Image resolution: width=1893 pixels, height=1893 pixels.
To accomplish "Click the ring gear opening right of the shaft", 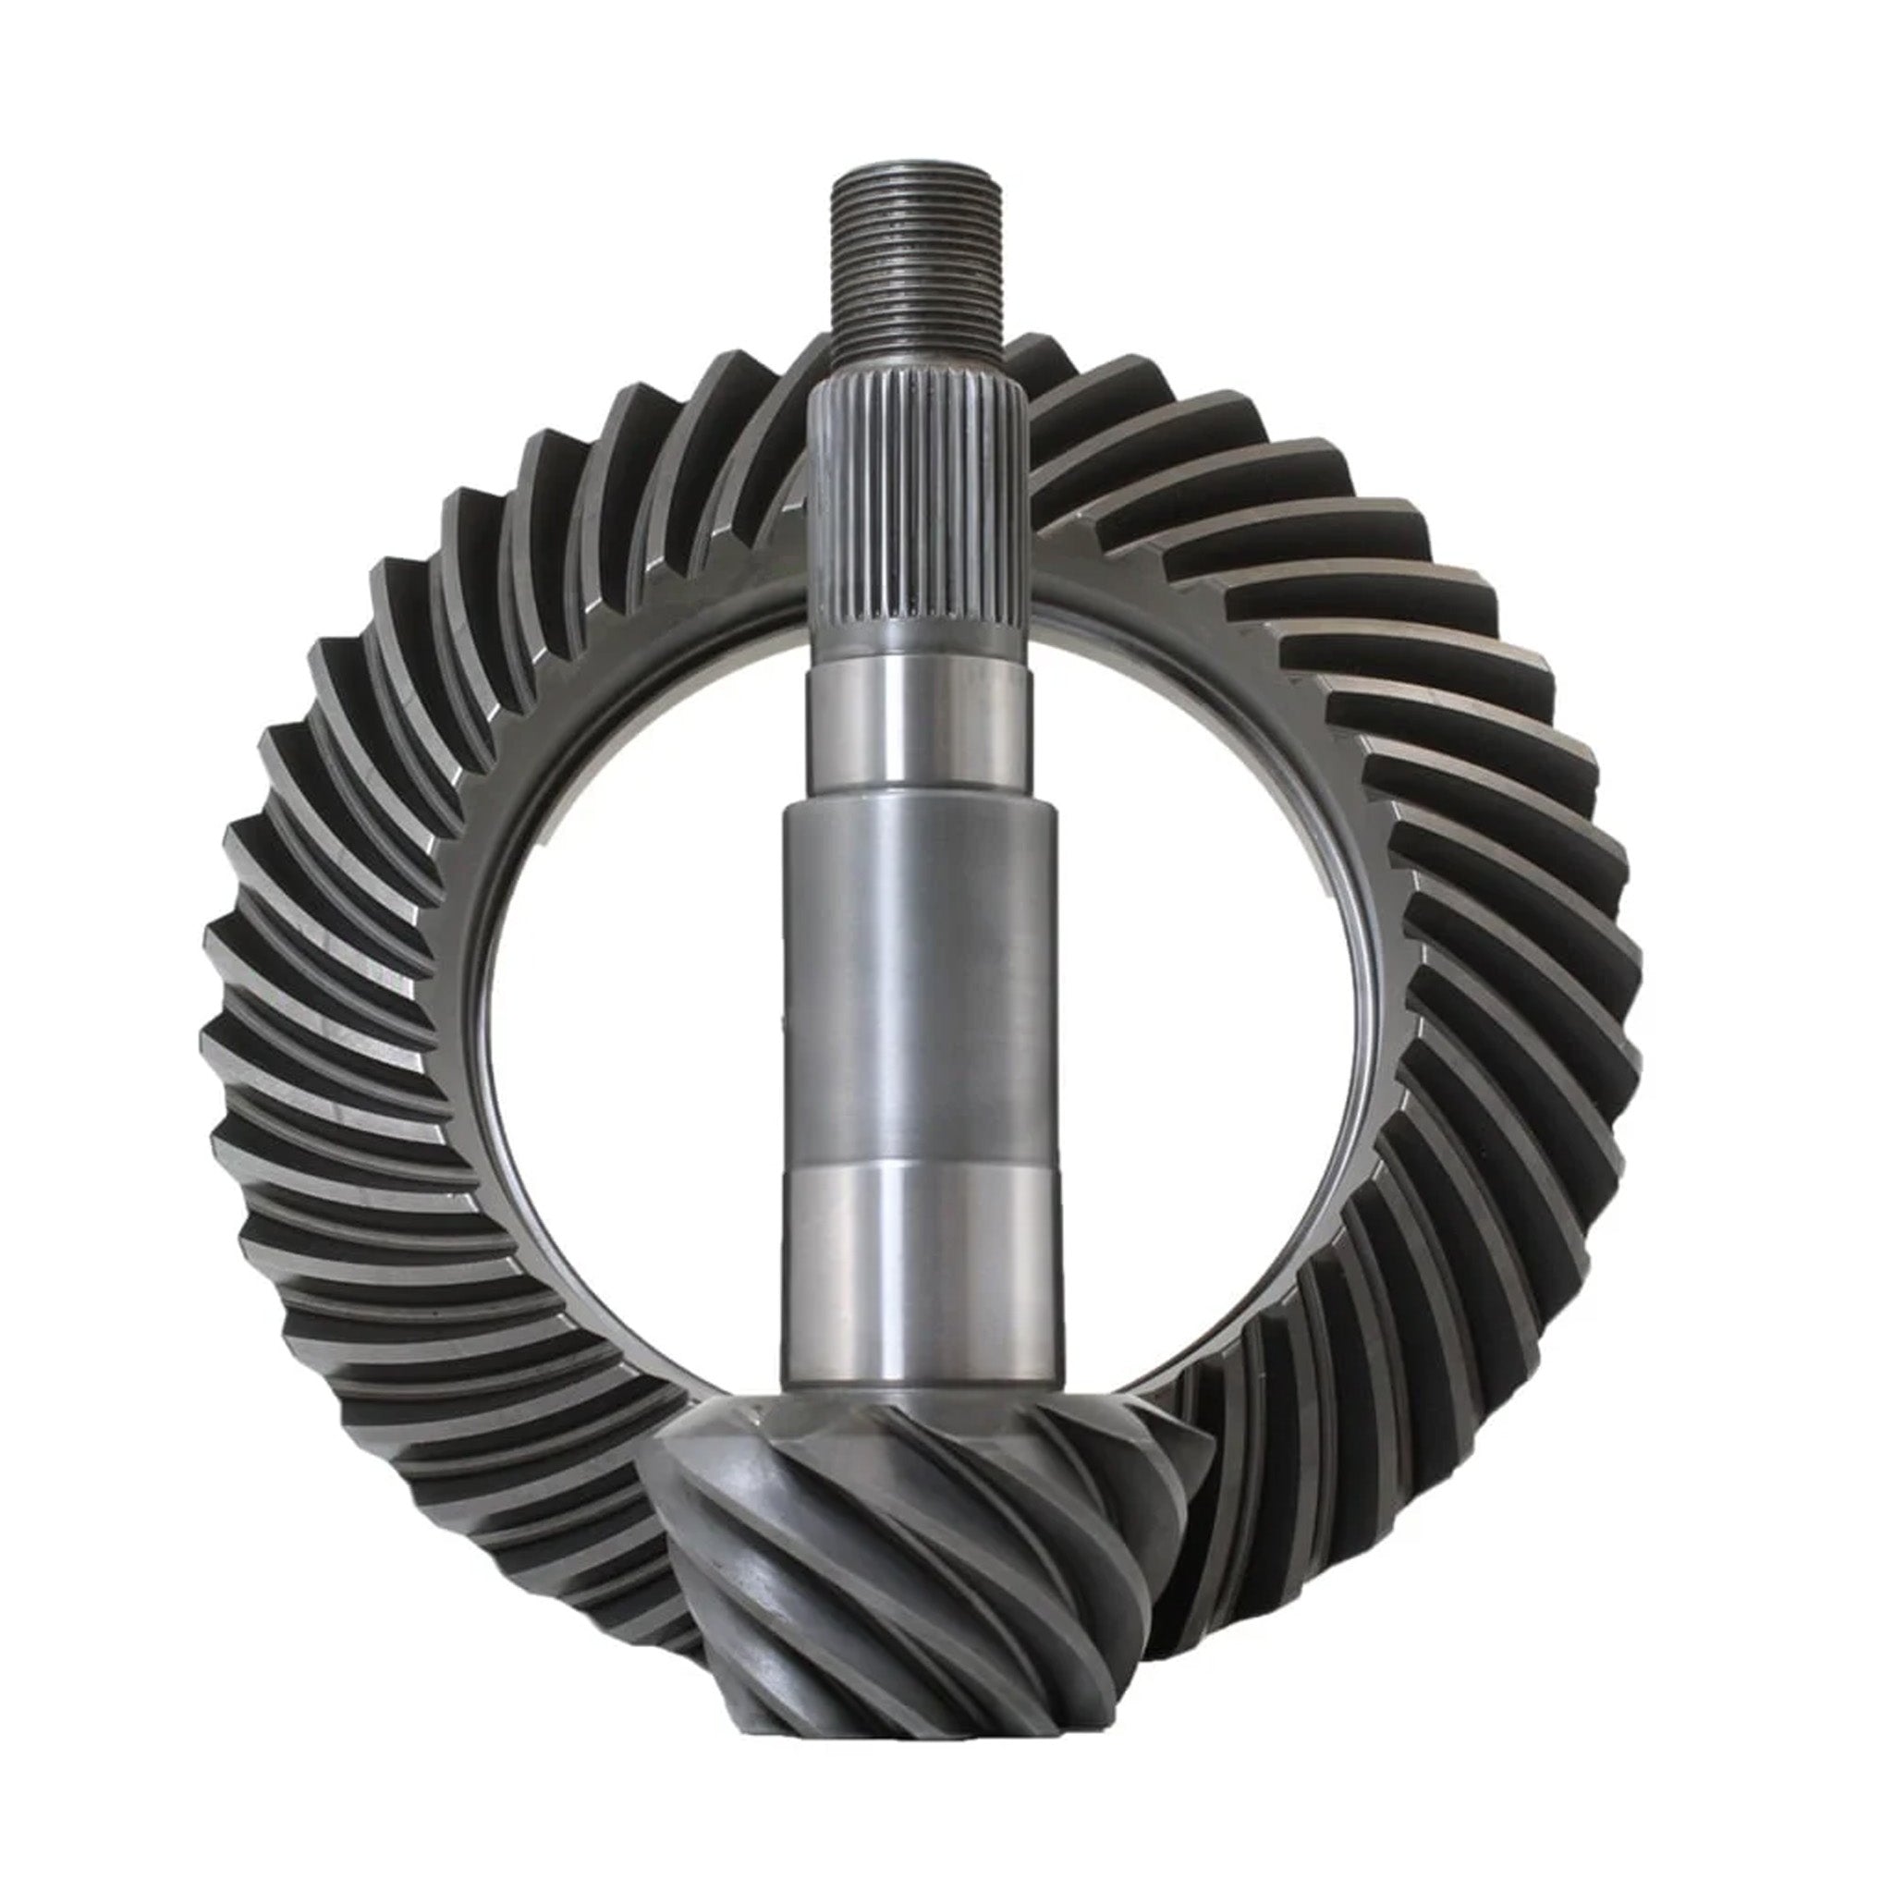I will point(1215,980).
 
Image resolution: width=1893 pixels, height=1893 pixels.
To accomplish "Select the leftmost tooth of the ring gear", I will point(230,1039).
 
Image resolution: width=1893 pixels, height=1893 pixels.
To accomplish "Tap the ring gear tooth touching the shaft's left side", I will point(774,411).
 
